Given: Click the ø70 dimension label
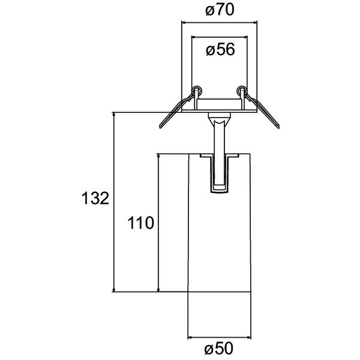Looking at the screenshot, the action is point(220,10).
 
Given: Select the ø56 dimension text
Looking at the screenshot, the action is point(220,50).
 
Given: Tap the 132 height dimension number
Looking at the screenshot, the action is point(95,199).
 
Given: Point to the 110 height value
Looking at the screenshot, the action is point(140,223).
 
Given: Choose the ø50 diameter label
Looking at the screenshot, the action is point(218,348).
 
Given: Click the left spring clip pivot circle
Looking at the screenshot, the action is point(197,90).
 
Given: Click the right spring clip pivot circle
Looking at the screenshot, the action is point(242,90).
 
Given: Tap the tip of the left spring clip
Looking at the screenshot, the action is point(160,127).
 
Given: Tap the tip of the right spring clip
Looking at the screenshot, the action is point(278,127).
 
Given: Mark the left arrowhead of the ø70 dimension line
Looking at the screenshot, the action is point(184,22).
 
